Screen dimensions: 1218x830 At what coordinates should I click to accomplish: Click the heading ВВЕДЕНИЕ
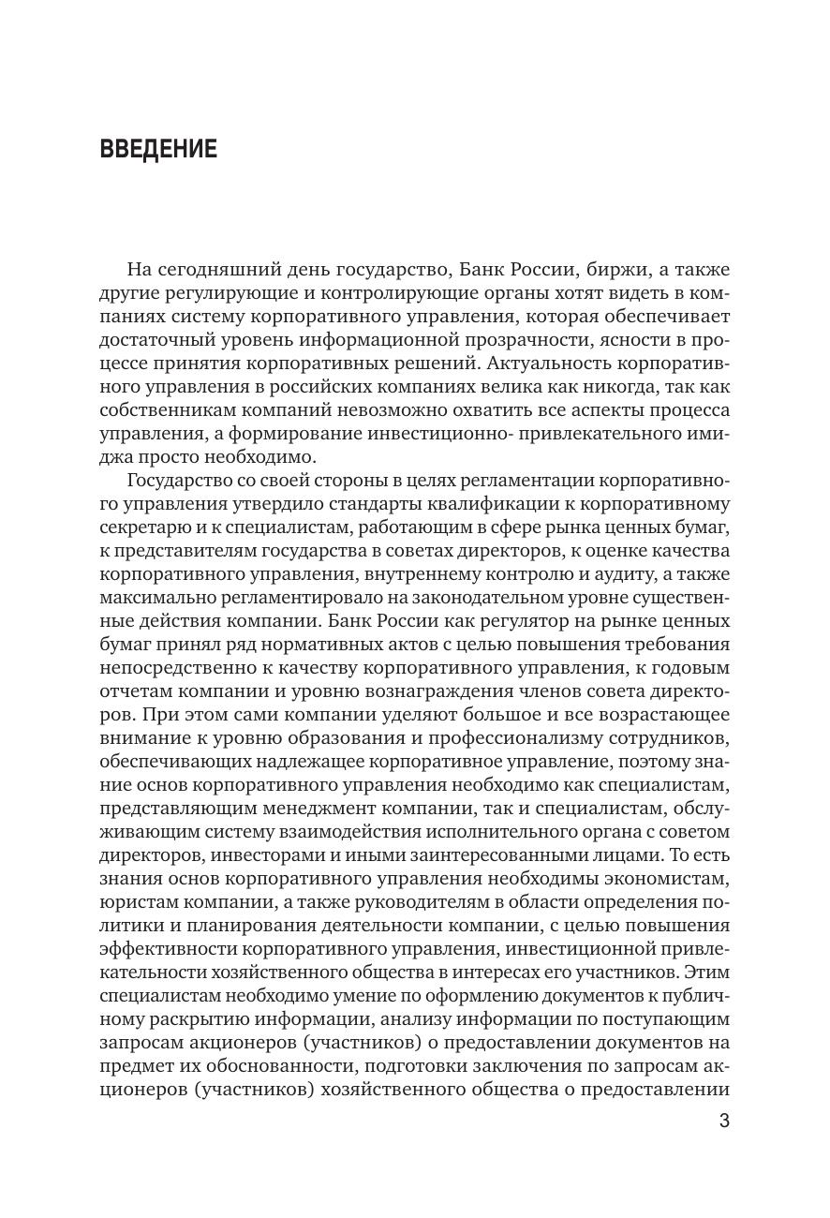tap(157, 149)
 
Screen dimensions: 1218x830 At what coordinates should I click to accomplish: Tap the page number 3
tap(723, 1121)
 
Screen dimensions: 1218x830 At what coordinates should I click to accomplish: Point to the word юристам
tap(137, 902)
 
